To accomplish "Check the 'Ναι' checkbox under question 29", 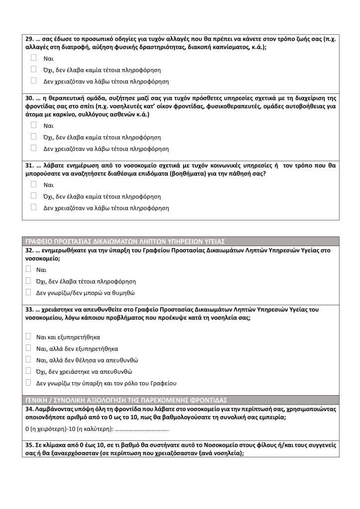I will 34,58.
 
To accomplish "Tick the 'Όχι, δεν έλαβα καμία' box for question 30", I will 34,137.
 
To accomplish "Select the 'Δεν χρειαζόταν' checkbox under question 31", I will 34,207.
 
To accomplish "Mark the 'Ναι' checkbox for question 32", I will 28,269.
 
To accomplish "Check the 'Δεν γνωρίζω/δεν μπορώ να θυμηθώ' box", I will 28,293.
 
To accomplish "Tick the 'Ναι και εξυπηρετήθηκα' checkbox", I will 28,337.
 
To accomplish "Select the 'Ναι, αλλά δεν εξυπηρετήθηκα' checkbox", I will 28,348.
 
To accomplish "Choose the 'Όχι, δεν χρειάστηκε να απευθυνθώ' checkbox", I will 28,371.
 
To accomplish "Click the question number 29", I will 29,39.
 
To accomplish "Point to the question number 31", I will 29,166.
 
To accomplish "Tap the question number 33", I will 29,309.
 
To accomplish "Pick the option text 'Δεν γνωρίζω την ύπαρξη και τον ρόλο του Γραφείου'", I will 106,383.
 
